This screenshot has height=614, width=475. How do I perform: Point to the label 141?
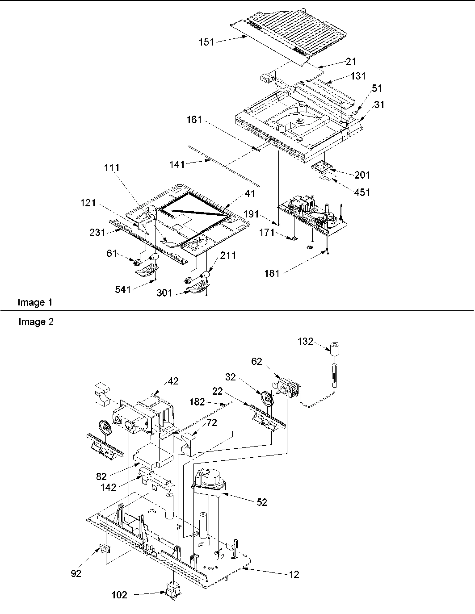[x=177, y=165]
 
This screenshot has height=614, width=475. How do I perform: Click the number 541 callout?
[x=122, y=289]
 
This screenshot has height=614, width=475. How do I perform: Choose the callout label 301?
[x=166, y=293]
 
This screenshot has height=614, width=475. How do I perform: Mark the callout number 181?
[x=271, y=273]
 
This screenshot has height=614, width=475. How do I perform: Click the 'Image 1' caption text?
[x=35, y=302]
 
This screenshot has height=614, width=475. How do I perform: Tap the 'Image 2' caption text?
[x=36, y=322]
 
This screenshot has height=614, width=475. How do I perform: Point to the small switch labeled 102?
[x=171, y=591]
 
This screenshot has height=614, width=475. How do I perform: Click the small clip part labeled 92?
[x=104, y=549]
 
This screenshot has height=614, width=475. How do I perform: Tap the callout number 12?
[x=294, y=574]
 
